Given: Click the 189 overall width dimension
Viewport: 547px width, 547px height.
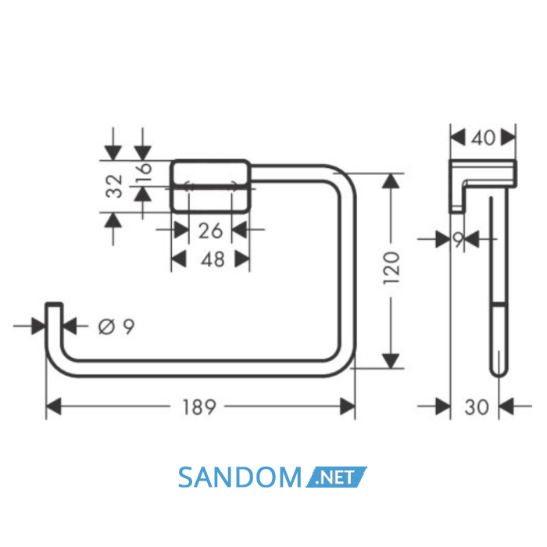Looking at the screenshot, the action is coord(199,407).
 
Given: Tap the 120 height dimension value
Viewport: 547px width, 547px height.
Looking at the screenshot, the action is coord(391,267).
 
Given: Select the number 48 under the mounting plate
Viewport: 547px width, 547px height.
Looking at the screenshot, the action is coord(213,259).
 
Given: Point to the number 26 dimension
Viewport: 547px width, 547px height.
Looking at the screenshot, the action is coord(210,231).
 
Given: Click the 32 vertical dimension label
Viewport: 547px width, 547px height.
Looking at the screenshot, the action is coord(115,186).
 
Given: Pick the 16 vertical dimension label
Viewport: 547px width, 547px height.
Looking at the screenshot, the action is coord(144,173).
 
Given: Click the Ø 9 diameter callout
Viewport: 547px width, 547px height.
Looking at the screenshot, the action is coord(116,327).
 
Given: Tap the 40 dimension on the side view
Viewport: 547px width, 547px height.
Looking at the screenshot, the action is coord(483,138).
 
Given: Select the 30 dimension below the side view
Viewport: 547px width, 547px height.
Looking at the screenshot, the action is coord(477,407).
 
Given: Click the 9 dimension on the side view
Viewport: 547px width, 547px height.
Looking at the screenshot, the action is coord(459,239).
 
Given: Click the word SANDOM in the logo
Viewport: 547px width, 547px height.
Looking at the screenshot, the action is coord(240,477).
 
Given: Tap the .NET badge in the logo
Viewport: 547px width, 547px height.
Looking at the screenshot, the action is coord(336,477).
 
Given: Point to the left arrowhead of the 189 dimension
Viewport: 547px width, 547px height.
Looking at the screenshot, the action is coord(53,406).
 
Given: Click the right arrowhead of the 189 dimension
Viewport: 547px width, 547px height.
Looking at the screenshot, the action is coord(348,406).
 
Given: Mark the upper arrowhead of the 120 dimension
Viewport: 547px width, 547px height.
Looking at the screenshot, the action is coord(391,181).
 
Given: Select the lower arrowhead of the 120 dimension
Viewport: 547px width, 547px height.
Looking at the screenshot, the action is coord(391,361).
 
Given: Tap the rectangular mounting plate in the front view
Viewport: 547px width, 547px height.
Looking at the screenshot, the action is coord(210,186).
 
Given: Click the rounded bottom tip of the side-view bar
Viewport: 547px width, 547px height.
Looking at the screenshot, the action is coord(499,374).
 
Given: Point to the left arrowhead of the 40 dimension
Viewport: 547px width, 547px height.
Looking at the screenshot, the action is coord(457,137).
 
